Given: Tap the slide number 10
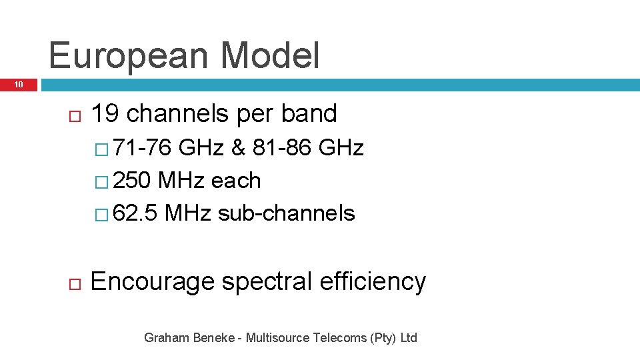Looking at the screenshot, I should [x=19, y=85].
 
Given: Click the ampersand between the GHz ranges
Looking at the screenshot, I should [x=238, y=147].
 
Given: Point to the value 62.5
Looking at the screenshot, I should [x=135, y=213].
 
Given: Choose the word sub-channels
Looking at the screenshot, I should [x=286, y=213].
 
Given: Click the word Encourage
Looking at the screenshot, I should [x=153, y=282].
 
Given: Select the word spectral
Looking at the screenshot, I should [x=267, y=282].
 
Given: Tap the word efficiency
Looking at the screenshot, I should [x=373, y=282].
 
